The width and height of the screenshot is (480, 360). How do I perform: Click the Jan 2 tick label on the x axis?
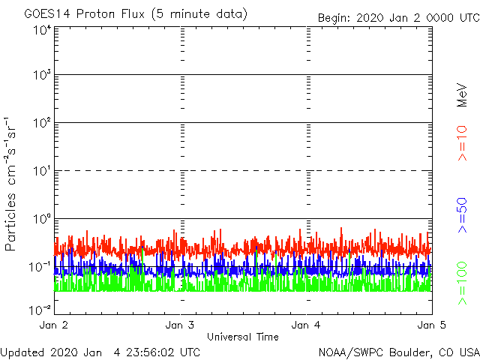tap(54, 325)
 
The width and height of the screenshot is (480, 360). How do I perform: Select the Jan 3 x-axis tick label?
tap(180, 325)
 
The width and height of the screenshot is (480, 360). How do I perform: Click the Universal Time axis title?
tap(242, 337)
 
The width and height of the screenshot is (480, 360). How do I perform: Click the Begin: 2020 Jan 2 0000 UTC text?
tap(397, 17)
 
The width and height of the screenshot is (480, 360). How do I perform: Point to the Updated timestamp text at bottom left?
tap(100, 351)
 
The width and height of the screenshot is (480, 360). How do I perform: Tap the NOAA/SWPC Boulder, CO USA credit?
tap(398, 351)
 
